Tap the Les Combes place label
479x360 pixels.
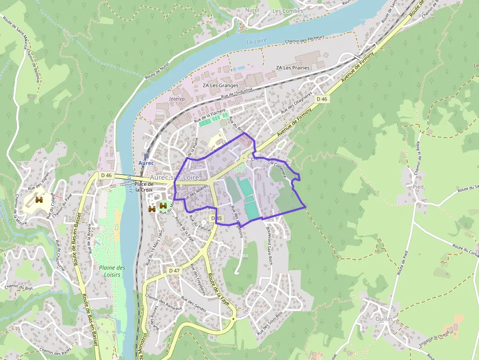click(287, 11)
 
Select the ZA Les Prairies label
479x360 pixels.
click(293, 67)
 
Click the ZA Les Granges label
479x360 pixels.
click(220, 85)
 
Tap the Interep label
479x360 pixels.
click(177, 98)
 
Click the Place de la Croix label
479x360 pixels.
click(144, 187)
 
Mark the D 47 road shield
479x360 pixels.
click(174, 270)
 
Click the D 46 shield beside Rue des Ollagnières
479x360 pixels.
click(322, 99)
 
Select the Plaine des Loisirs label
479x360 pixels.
click(112, 271)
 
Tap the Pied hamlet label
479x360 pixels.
click(418, 187)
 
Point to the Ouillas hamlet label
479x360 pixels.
click(385, 318)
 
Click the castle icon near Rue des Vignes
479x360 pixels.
click(39, 200)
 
